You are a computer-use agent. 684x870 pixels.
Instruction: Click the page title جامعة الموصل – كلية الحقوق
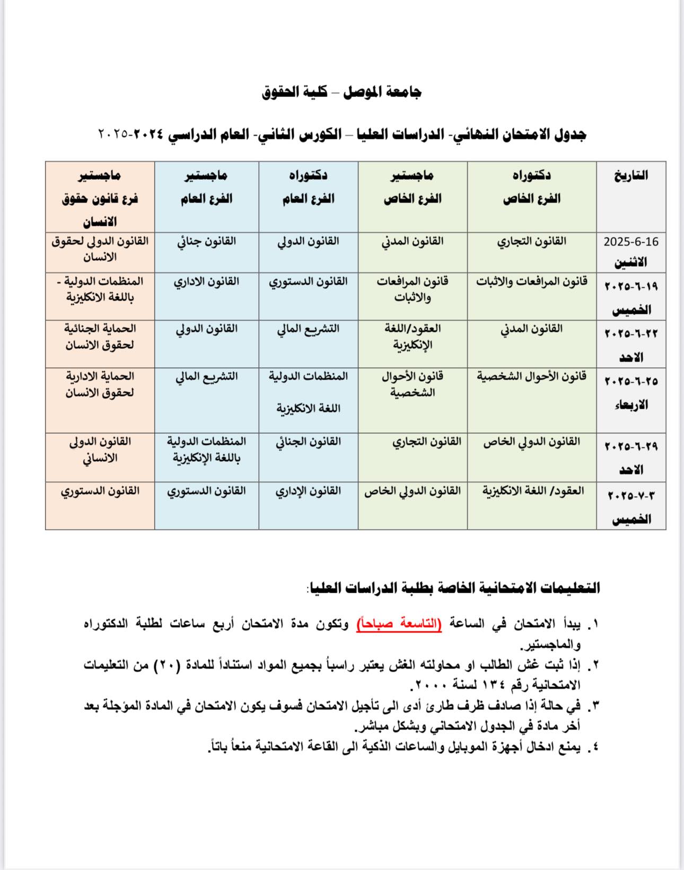tap(341, 92)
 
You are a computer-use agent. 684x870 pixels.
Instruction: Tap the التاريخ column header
tap(631, 175)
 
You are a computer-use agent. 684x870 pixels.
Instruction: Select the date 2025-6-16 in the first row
tap(631, 242)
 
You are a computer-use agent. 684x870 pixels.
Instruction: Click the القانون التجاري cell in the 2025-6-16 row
tap(531, 241)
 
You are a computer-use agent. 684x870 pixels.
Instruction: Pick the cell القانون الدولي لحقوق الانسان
tap(100, 249)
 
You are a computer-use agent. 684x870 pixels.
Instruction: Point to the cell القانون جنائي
tap(206, 241)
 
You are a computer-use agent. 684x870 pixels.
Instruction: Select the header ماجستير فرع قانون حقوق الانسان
tap(100, 198)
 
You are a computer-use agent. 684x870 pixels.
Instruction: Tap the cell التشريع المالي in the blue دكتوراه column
tap(308, 329)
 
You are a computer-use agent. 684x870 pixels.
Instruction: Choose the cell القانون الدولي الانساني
tap(100, 450)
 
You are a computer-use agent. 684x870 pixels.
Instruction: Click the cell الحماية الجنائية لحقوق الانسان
tap(100, 337)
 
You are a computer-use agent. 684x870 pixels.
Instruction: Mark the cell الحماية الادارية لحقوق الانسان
tap(100, 384)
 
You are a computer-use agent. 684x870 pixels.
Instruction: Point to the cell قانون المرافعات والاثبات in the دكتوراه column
tap(531, 282)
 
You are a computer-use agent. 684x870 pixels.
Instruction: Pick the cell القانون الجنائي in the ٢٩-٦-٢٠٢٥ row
tap(308, 442)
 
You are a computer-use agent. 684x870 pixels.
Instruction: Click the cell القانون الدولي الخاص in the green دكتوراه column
tap(531, 442)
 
